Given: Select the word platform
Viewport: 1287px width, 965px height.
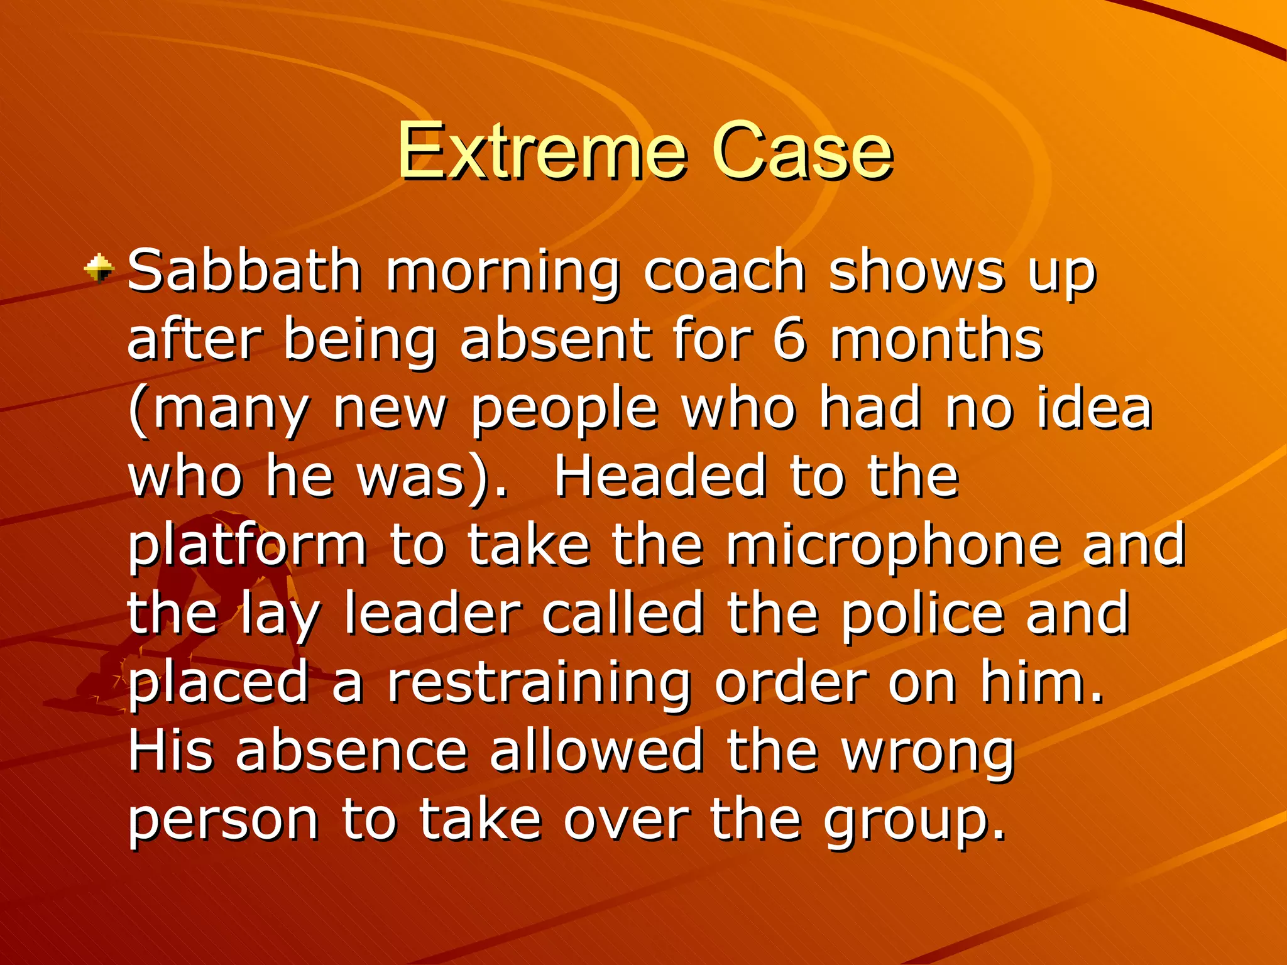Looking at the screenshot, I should [x=247, y=547].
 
